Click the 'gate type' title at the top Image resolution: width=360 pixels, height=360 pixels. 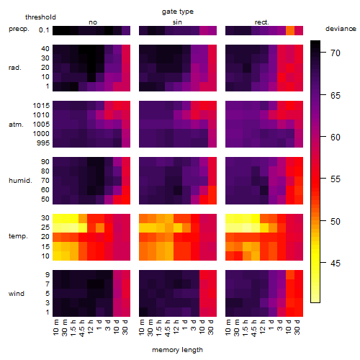(x=178, y=12)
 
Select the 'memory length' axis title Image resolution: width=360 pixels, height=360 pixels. (x=177, y=350)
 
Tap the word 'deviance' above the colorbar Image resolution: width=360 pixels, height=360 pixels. (x=341, y=29)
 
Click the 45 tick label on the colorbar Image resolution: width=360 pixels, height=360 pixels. (x=336, y=264)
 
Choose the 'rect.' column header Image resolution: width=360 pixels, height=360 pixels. (x=261, y=22)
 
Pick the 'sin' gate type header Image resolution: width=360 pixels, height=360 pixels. (x=177, y=22)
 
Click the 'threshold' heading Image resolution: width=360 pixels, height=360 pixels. (x=40, y=17)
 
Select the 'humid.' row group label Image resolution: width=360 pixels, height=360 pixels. (x=20, y=181)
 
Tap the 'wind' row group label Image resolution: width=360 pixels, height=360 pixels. (x=17, y=294)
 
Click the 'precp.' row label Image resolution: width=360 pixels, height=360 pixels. (x=19, y=29)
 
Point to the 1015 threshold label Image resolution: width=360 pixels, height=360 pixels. (x=41, y=106)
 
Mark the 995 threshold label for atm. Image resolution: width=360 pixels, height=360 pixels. (x=43, y=143)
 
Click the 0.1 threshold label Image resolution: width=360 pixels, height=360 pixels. (x=44, y=30)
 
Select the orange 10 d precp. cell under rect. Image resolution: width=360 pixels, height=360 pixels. (x=290, y=30)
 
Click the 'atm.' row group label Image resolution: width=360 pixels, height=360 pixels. (x=16, y=125)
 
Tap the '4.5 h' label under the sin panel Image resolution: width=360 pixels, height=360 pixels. (x=168, y=328)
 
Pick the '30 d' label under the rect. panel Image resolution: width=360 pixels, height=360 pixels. (x=297, y=327)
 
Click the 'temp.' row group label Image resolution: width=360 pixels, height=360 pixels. (x=18, y=236)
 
